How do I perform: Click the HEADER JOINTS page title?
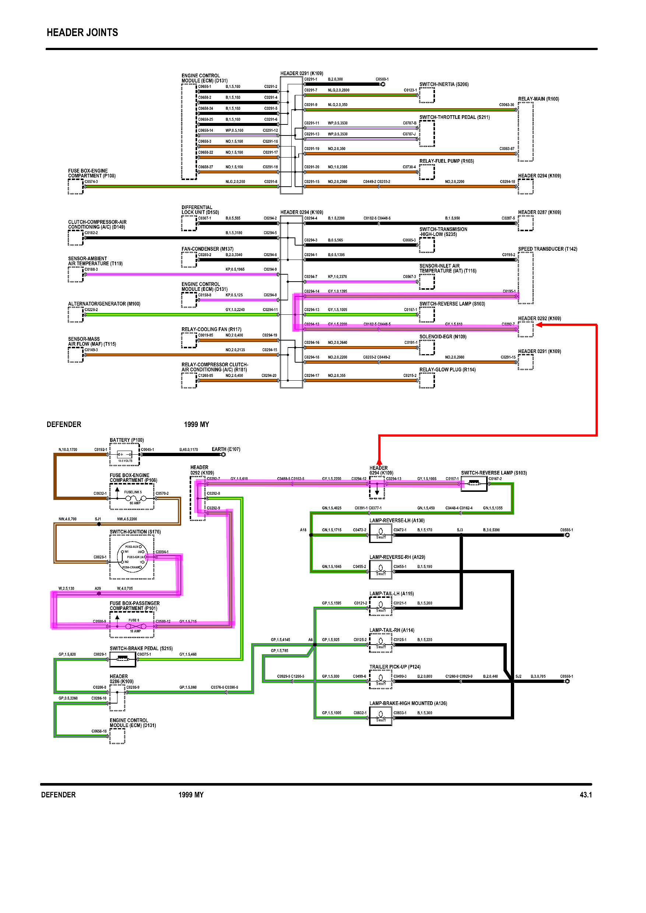tap(82, 33)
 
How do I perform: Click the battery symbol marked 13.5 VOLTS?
tap(125, 455)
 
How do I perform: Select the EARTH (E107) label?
tap(225, 450)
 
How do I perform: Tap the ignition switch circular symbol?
tap(132, 557)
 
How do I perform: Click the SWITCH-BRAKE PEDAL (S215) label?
tap(141, 648)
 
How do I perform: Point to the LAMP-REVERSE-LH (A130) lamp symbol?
tap(381, 533)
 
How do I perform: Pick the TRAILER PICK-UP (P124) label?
tap(394, 667)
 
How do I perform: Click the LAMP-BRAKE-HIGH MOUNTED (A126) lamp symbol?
tap(381, 716)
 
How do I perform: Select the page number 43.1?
tap(586, 795)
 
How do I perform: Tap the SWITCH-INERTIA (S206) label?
tap(444, 84)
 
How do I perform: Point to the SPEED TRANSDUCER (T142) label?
tap(547, 249)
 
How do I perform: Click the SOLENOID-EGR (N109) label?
tap(443, 337)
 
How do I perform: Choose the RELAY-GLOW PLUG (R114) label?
tap(447, 370)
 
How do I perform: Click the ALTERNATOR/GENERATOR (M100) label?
tap(104, 304)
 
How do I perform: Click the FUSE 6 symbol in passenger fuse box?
tap(135, 626)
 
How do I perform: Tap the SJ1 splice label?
tap(98, 519)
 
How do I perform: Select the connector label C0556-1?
tap(566, 530)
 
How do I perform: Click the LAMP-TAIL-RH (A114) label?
tap(392, 630)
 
